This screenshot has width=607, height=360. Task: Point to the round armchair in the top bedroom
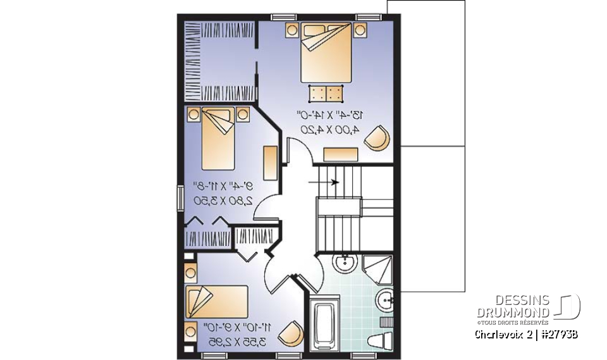click(377, 139)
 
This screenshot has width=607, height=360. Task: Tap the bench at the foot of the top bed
click(326, 94)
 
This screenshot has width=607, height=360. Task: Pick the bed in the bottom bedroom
click(217, 301)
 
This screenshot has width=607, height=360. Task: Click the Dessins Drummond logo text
click(513, 307)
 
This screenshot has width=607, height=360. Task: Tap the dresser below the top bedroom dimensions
click(340, 154)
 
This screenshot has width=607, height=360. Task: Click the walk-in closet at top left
click(219, 61)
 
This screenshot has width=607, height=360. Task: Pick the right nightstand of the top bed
click(360, 28)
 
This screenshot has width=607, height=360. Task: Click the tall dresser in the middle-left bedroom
click(269, 163)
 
